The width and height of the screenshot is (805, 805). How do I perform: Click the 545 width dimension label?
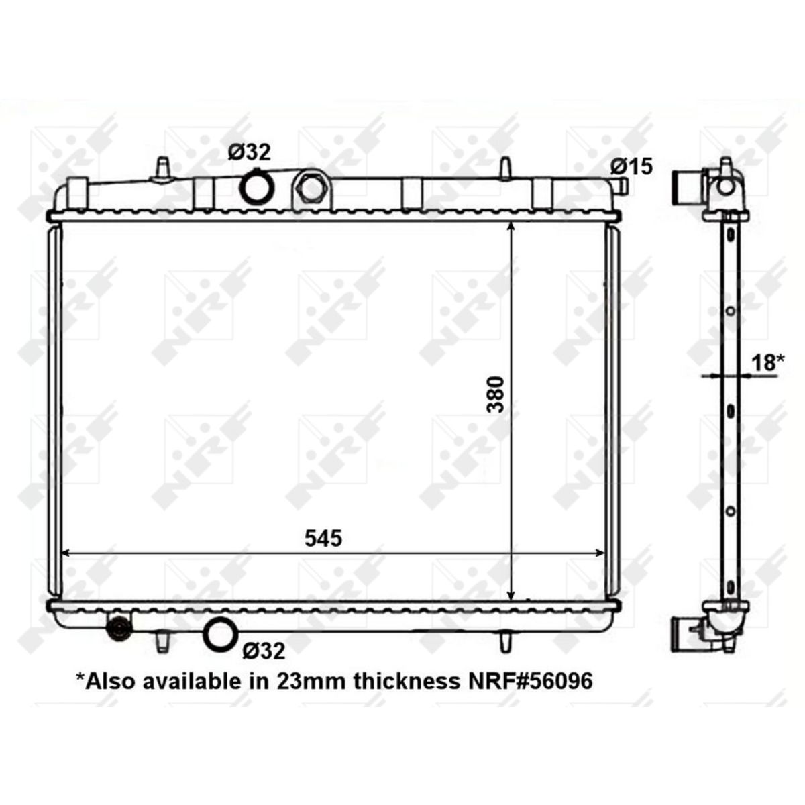point(323,538)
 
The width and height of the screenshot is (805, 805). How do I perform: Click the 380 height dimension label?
point(496,394)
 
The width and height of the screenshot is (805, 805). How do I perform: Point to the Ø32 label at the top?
point(250,152)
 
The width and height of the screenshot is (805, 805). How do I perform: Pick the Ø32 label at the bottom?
point(264,651)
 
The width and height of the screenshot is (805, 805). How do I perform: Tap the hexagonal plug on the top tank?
point(311,190)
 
